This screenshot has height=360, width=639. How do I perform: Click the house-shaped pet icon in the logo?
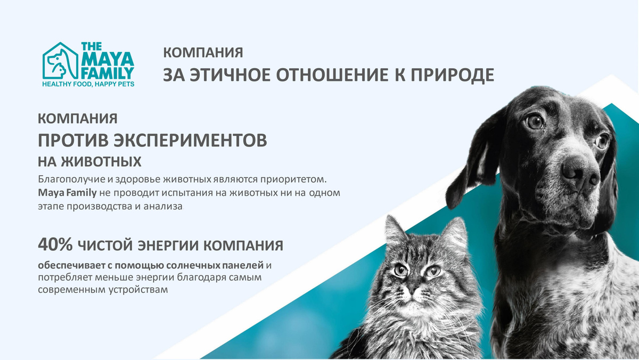tap(60, 61)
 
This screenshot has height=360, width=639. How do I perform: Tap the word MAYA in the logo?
tap(108, 59)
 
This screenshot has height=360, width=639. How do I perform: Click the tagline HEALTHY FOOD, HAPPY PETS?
tap(88, 84)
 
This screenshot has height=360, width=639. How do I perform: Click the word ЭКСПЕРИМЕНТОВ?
tap(190, 140)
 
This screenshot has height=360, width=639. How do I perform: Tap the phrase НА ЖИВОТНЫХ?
tap(89, 162)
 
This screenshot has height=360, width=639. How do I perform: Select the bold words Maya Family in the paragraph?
tap(67, 193)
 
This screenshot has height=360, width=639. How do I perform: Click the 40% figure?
tap(55, 245)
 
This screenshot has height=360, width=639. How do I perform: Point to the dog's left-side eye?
tap(535, 122)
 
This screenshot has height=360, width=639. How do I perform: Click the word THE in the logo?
tap(91, 46)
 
